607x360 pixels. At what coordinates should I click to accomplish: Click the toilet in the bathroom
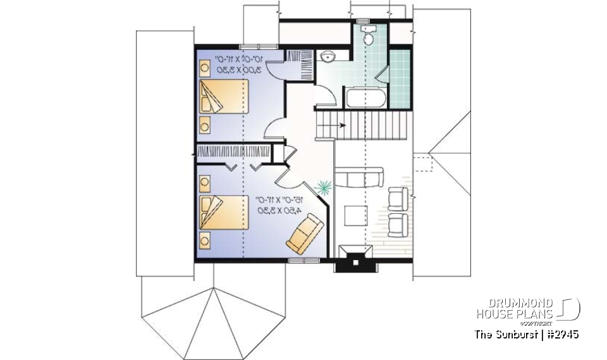(370, 38)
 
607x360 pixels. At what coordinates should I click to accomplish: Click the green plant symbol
(324, 187)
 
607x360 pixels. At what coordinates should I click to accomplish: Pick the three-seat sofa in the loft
(359, 177)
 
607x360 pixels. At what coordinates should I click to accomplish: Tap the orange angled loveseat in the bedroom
(305, 233)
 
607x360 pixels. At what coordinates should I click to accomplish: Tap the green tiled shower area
(400, 78)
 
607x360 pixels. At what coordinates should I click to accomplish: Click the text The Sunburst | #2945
(527, 334)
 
